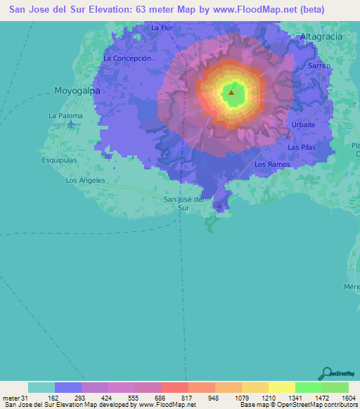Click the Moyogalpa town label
pyautogui.click(x=77, y=91)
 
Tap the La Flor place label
pyautogui.click(x=162, y=28)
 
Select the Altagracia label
pyautogui.click(x=321, y=35)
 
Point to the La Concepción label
pyautogui.click(x=127, y=58)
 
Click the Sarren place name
pyautogui.click(x=319, y=65)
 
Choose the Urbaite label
pyautogui.click(x=304, y=124)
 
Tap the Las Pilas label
pyautogui.click(x=302, y=148)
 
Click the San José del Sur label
pyautogui.click(x=184, y=203)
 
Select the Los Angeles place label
pyautogui.click(x=85, y=181)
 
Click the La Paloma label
pyautogui.click(x=65, y=116)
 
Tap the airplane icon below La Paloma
pyautogui.click(x=72, y=125)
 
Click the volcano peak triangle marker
pyautogui.click(x=231, y=92)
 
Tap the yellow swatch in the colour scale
pyautogui.click(x=281, y=387)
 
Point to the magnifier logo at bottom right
pyautogui.click(x=325, y=372)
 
